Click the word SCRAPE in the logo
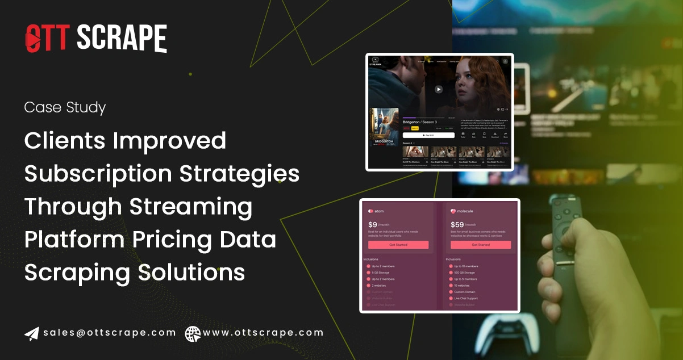122,39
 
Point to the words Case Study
65,107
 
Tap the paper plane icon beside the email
32,333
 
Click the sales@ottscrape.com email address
109,333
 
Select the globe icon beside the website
193,333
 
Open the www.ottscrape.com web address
263,333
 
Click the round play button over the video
438,89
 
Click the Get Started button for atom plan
398,245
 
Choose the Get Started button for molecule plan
480,245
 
